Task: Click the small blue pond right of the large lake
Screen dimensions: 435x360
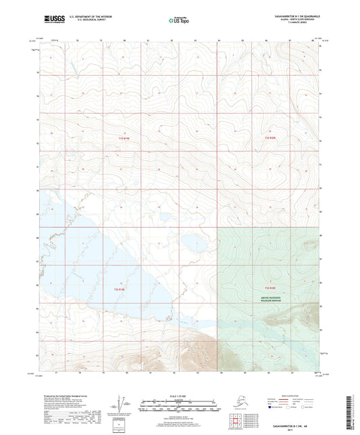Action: tap(191, 243)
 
